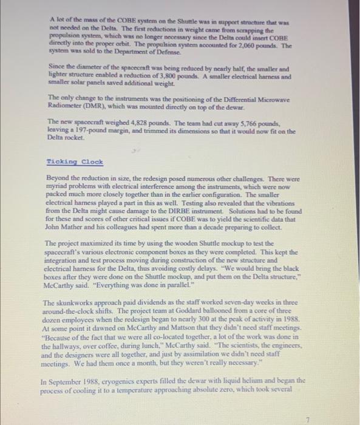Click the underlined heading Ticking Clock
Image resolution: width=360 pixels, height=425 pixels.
coord(75,162)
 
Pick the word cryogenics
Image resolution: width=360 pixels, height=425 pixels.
coord(114,381)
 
